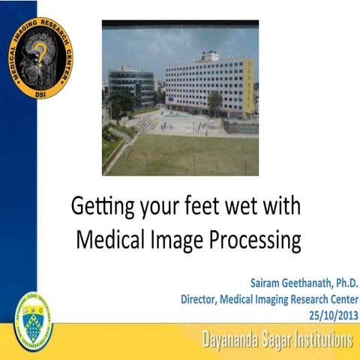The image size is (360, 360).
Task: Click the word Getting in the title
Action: click(x=103, y=205)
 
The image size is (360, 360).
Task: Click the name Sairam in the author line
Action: click(x=263, y=284)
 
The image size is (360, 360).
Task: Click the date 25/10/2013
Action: click(x=333, y=313)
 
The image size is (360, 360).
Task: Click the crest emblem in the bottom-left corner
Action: click(x=34, y=323)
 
